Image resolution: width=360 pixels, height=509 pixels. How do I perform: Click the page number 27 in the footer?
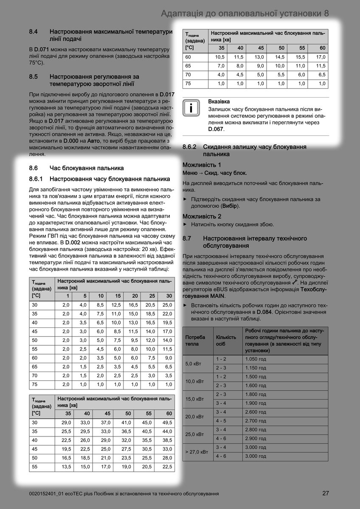(x=325, y=493)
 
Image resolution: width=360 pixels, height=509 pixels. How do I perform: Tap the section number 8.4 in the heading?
(x=34, y=31)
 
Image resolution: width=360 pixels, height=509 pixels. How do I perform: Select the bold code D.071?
(x=42, y=50)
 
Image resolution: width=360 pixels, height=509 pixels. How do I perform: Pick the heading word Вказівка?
(x=219, y=102)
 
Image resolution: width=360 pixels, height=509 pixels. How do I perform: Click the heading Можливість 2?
(x=202, y=216)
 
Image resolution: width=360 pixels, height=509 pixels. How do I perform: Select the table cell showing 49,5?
(x=167, y=422)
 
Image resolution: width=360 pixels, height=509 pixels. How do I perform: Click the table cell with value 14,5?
(x=279, y=57)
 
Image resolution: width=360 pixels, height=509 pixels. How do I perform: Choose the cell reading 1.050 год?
(x=256, y=359)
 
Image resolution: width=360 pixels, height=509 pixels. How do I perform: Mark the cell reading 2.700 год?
(x=256, y=421)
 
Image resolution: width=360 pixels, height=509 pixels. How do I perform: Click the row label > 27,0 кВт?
(x=197, y=452)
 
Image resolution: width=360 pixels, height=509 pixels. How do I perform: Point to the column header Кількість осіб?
(x=226, y=340)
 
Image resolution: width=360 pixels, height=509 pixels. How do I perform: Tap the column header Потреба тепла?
(x=195, y=340)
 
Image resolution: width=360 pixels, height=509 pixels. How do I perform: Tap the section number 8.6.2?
(x=189, y=147)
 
